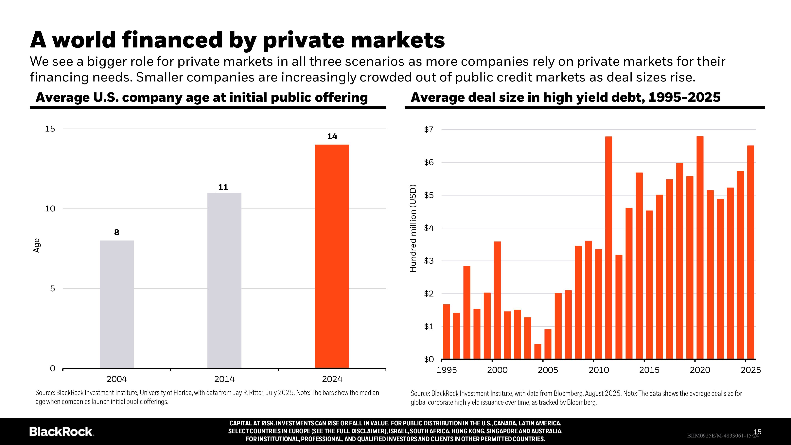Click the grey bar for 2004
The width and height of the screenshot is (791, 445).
click(117, 304)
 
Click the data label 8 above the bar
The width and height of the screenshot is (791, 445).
click(117, 232)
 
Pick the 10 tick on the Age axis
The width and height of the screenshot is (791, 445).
click(50, 209)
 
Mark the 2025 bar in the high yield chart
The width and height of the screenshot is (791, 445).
click(750, 252)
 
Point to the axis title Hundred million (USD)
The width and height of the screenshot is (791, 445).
click(413, 228)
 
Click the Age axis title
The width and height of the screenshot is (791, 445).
click(37, 245)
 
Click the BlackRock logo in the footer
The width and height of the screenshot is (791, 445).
click(61, 432)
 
